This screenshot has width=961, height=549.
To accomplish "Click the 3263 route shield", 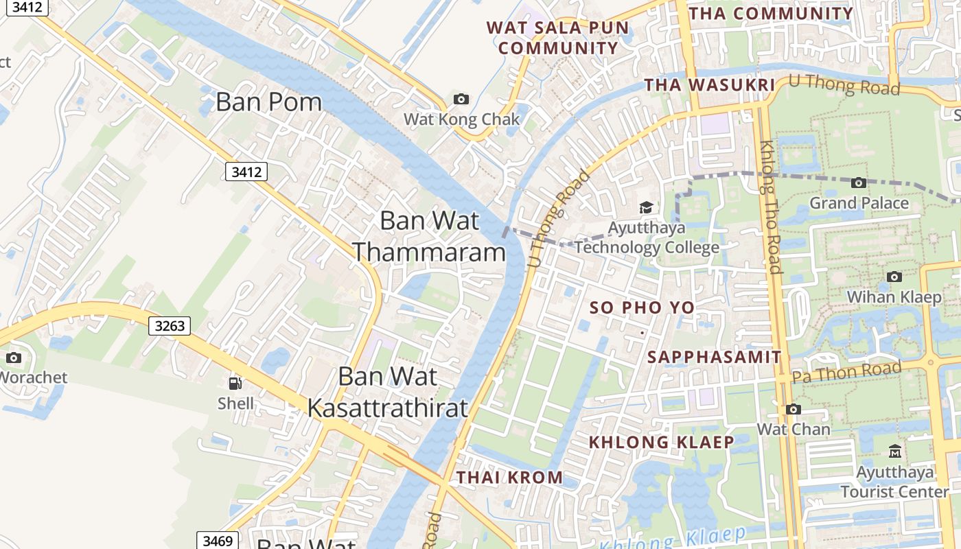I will pos(170,325).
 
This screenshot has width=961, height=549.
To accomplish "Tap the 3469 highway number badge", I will pos(218,541).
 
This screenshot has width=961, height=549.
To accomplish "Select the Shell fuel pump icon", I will pos(235,383).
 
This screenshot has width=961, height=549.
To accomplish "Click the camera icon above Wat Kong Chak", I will pos(461,100).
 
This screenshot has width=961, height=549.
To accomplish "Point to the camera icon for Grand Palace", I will pos(858,183).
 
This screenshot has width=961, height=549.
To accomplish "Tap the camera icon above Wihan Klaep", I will pos(894,277).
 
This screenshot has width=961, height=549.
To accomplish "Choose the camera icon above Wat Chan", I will pos(794,409).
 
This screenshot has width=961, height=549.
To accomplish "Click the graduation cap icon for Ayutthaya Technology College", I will pos(646,207).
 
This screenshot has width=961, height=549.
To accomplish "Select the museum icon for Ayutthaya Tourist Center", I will pos(895,452).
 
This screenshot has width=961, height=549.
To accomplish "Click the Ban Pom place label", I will pos(268,102).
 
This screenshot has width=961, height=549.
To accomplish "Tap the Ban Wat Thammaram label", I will pos(430,237).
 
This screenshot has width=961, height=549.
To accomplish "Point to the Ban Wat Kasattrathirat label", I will pos(388,392).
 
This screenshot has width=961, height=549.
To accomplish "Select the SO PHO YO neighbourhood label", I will pos(642,307).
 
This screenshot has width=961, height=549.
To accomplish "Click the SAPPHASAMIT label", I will pos(715,357).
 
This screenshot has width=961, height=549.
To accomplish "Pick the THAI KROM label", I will pos(510,477).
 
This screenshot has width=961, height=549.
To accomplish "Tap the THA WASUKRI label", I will pos(710,84).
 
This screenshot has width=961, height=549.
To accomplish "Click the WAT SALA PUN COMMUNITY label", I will pos(557,38).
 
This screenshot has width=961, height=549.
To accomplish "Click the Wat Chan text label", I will pos(793,429).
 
